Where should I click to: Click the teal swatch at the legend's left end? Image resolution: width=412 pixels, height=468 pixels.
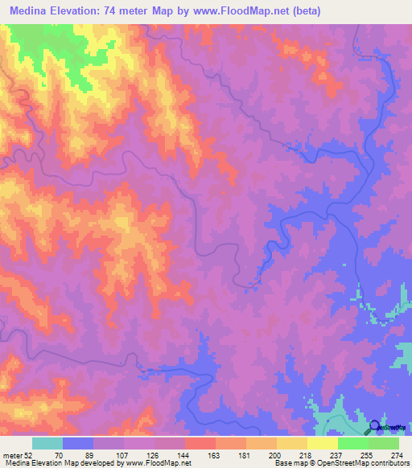[47, 443]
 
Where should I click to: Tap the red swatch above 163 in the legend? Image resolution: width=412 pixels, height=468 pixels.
[200, 443]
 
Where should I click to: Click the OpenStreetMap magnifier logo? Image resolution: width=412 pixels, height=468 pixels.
[375, 428]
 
